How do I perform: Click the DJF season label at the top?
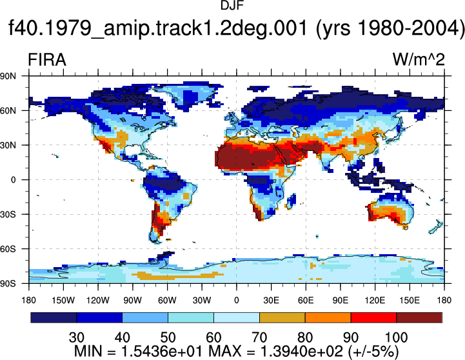(232, 5)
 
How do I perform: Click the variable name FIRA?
(47, 60)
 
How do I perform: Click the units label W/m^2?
(419, 59)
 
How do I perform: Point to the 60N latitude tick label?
(8, 111)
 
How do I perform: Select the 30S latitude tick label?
(8, 214)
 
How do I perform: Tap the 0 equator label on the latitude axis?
(13, 180)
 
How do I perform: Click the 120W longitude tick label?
(98, 301)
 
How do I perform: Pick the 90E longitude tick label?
(340, 301)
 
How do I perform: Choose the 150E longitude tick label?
(410, 301)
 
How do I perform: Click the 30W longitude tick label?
(202, 301)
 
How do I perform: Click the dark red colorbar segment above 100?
(419, 317)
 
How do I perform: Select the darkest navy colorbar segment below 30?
(54, 317)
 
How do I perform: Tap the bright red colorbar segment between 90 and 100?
(373, 317)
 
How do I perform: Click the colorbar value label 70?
(259, 337)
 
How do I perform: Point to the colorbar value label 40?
(122, 337)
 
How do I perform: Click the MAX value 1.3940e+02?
(301, 352)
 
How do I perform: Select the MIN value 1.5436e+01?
(162, 352)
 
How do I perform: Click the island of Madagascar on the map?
(292, 201)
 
